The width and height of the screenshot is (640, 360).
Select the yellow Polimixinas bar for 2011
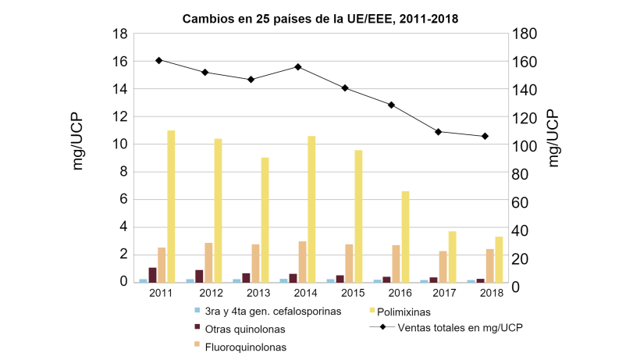171,206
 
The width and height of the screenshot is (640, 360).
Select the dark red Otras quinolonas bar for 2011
152,274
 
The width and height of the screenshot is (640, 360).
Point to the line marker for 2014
298,66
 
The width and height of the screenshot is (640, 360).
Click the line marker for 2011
158,60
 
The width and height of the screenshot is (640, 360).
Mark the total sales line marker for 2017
439,131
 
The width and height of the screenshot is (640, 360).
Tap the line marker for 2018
485,136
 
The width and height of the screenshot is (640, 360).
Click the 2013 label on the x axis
254,293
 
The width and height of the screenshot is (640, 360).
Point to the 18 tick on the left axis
120,34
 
